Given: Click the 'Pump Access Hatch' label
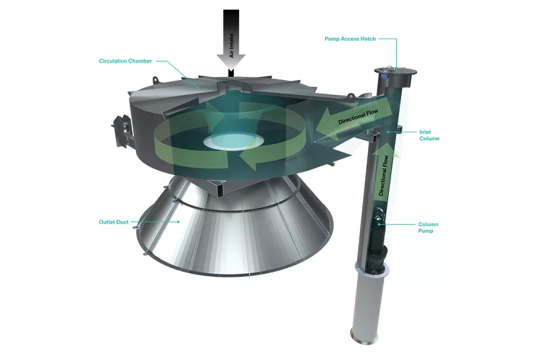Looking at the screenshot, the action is click(350, 39).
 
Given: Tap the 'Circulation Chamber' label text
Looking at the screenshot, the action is click(125, 61).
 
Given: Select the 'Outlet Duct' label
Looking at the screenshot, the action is click(114, 222).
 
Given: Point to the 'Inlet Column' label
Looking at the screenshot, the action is click(429, 135).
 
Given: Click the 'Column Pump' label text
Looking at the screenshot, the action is click(428, 227).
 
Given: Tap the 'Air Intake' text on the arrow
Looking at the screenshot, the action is click(232, 46).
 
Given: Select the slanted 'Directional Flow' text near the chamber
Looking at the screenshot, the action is click(358, 117).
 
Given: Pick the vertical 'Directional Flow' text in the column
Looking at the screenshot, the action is click(384, 176).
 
